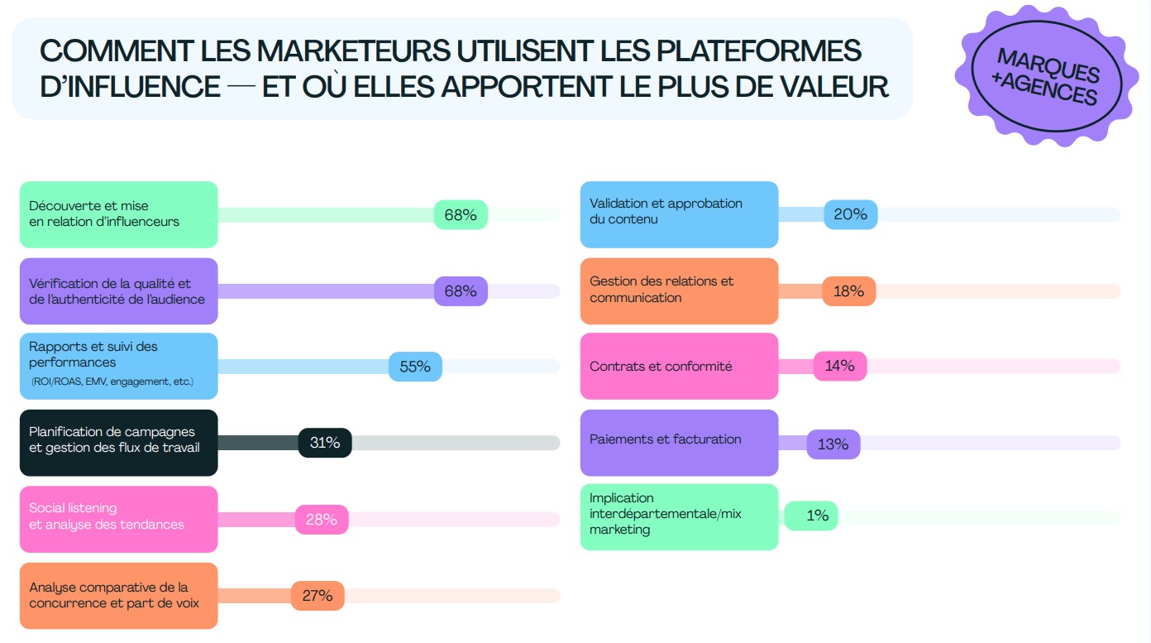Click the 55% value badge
[x=415, y=367]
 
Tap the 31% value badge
[x=325, y=443]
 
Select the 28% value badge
[x=322, y=520]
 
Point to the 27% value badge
[x=317, y=596]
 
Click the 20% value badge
[x=850, y=214]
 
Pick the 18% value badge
[x=848, y=291]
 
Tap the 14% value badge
[x=840, y=366]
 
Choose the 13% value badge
[x=833, y=444]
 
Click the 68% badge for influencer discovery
[x=461, y=215]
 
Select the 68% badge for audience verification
[x=461, y=291]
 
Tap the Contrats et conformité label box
[x=679, y=366]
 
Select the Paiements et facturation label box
[x=679, y=442]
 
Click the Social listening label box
[x=118, y=519]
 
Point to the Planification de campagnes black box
[x=118, y=443]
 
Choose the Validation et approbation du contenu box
[x=679, y=214]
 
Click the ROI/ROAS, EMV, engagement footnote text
[x=112, y=382]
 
